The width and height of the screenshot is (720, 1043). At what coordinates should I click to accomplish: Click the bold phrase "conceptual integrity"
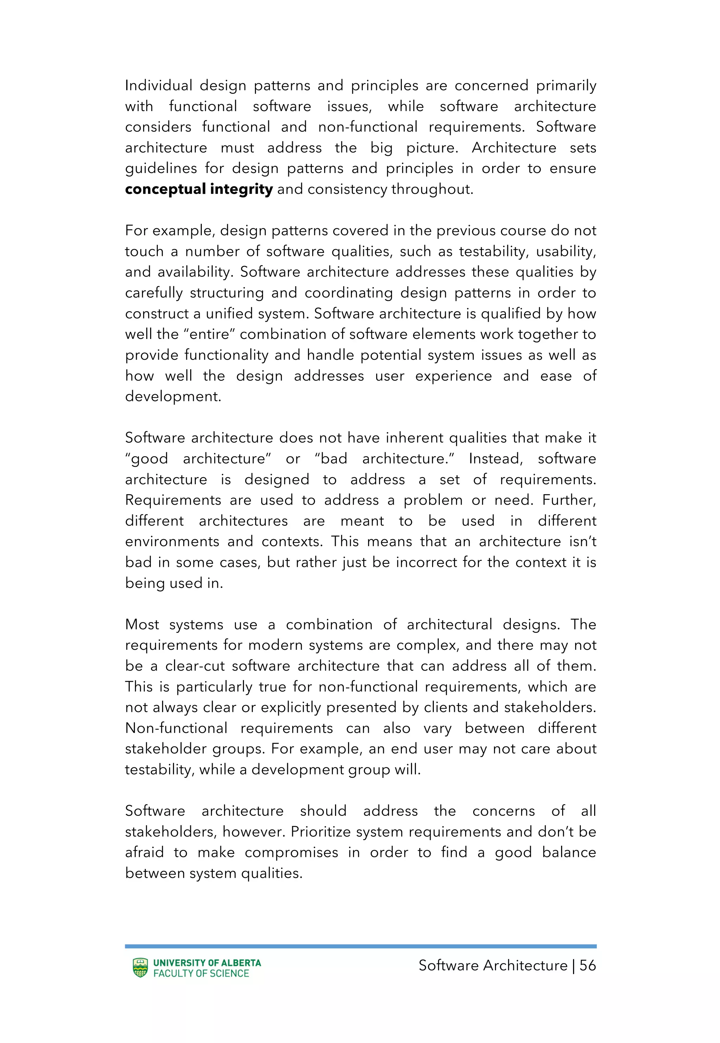pos(199,189)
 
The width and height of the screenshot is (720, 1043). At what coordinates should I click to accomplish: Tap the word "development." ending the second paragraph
pos(173,397)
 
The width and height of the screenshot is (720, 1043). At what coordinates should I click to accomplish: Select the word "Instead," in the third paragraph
pos(495,459)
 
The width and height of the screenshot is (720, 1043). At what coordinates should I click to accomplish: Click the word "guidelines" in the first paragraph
pos(161,169)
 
